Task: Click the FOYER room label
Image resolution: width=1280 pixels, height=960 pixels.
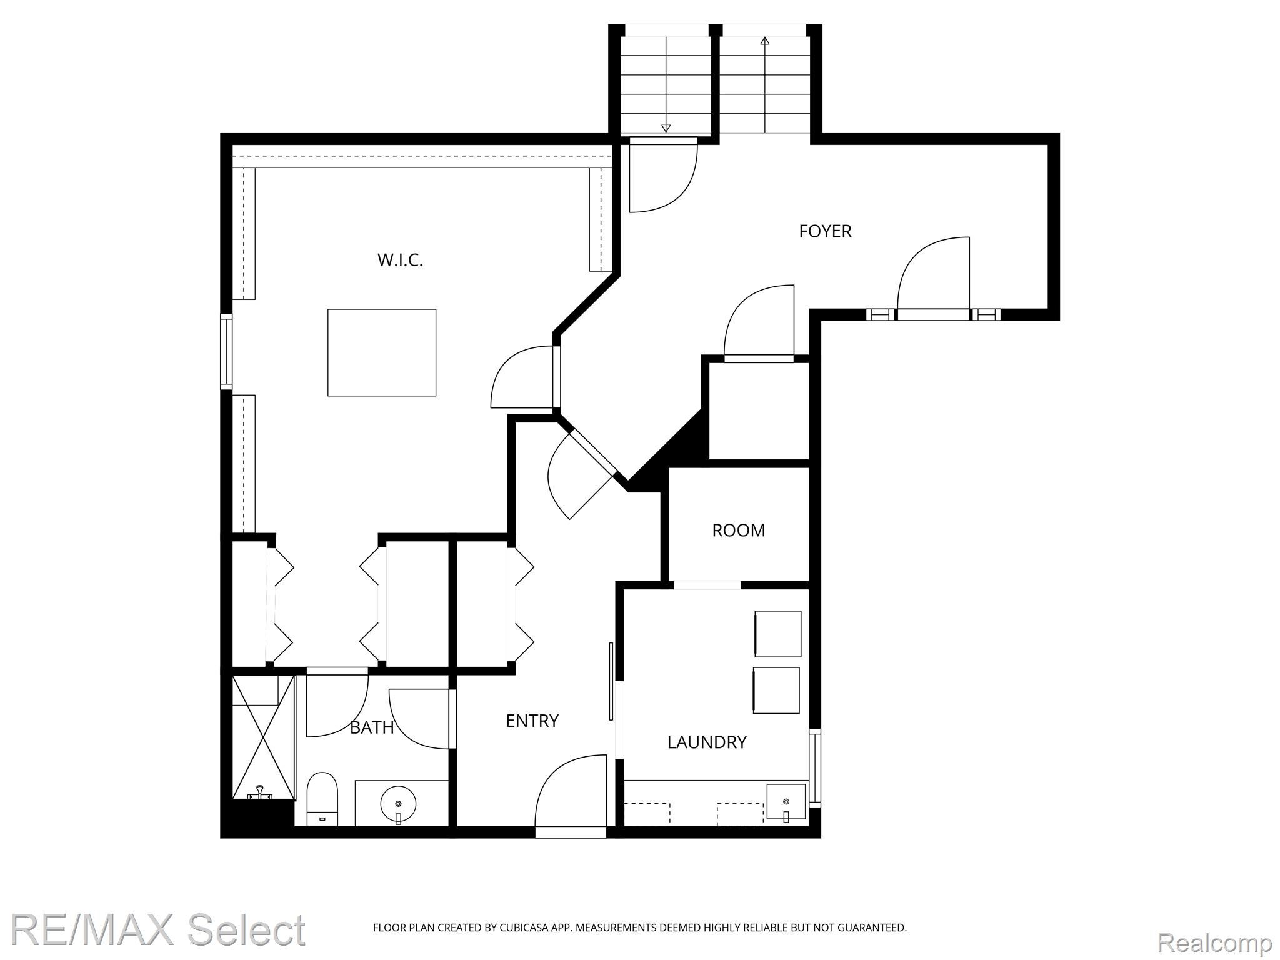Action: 825,231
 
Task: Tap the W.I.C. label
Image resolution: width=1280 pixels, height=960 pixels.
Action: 400,260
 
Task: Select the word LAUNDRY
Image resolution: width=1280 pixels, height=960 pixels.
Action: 707,742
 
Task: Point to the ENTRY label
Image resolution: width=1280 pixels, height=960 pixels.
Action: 532,721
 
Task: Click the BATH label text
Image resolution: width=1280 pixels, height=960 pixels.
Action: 372,727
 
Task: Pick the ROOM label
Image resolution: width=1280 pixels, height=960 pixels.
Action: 738,531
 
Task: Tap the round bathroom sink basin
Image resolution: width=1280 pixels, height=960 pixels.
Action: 398,804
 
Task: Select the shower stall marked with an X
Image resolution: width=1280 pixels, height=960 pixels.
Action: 263,737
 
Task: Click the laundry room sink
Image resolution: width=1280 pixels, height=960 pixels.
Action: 786,802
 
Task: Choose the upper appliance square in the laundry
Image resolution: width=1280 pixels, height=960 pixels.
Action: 777,634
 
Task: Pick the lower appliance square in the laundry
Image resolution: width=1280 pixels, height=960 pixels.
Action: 776,690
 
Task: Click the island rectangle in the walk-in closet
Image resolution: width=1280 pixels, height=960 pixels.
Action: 382,352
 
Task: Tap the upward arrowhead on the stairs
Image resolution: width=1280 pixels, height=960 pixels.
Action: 764,41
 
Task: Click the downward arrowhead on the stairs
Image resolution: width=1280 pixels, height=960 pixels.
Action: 666,128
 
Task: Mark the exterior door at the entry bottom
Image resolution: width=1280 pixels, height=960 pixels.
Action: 571,831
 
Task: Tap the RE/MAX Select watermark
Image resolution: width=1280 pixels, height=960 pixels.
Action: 158,930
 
